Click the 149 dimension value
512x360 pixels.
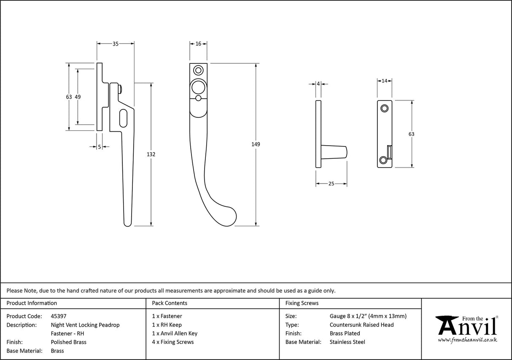256,144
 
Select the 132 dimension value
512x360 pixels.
151,154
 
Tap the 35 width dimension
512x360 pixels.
115,43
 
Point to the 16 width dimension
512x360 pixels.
198,43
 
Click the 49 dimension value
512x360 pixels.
78,97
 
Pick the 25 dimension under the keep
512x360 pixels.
331,184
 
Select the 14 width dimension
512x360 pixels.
384,81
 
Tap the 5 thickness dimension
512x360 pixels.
100,147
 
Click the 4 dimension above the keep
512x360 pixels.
318,84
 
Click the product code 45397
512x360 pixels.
58,316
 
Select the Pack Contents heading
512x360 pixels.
170,303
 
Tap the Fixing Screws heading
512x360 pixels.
302,303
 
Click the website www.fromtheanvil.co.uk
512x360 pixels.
467,340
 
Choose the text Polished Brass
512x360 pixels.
68,342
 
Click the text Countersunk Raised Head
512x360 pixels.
361,325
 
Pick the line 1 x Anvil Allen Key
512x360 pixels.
175,333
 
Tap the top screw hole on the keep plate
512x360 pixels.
384,108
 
